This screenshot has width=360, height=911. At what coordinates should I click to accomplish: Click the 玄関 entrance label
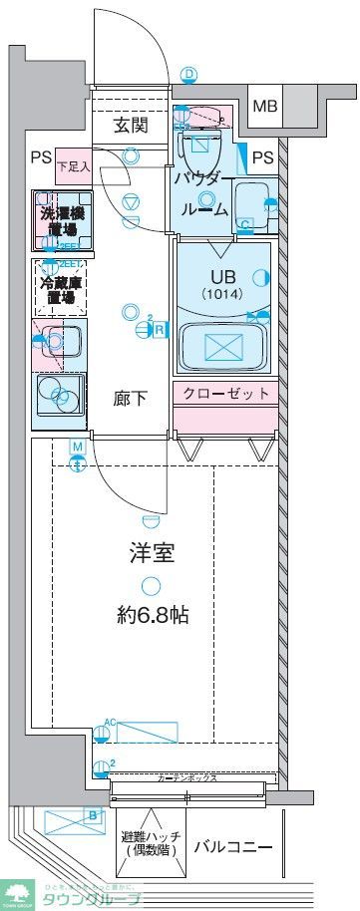coord(130,126)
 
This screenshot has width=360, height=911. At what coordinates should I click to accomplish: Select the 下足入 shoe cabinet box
coord(73,165)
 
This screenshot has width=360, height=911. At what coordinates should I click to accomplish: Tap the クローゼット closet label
coord(225,394)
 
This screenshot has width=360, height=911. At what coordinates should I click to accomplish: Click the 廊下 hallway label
coord(131,399)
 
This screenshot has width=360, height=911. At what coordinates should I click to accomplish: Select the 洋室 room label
coord(151,553)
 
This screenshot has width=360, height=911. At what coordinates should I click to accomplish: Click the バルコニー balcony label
coord(233,847)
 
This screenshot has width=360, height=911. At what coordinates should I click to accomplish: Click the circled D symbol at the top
coord(189,74)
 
